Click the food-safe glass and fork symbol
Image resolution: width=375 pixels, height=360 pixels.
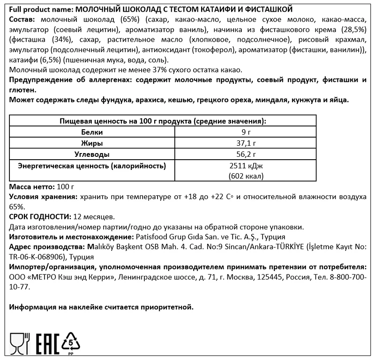coord(20,342)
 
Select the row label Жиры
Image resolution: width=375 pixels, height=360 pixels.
coord(92,143)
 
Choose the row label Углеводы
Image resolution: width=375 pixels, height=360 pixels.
coord(92,154)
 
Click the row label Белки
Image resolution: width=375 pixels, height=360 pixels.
coord(92,132)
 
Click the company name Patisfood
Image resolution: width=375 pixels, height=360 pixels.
coord(151,237)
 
